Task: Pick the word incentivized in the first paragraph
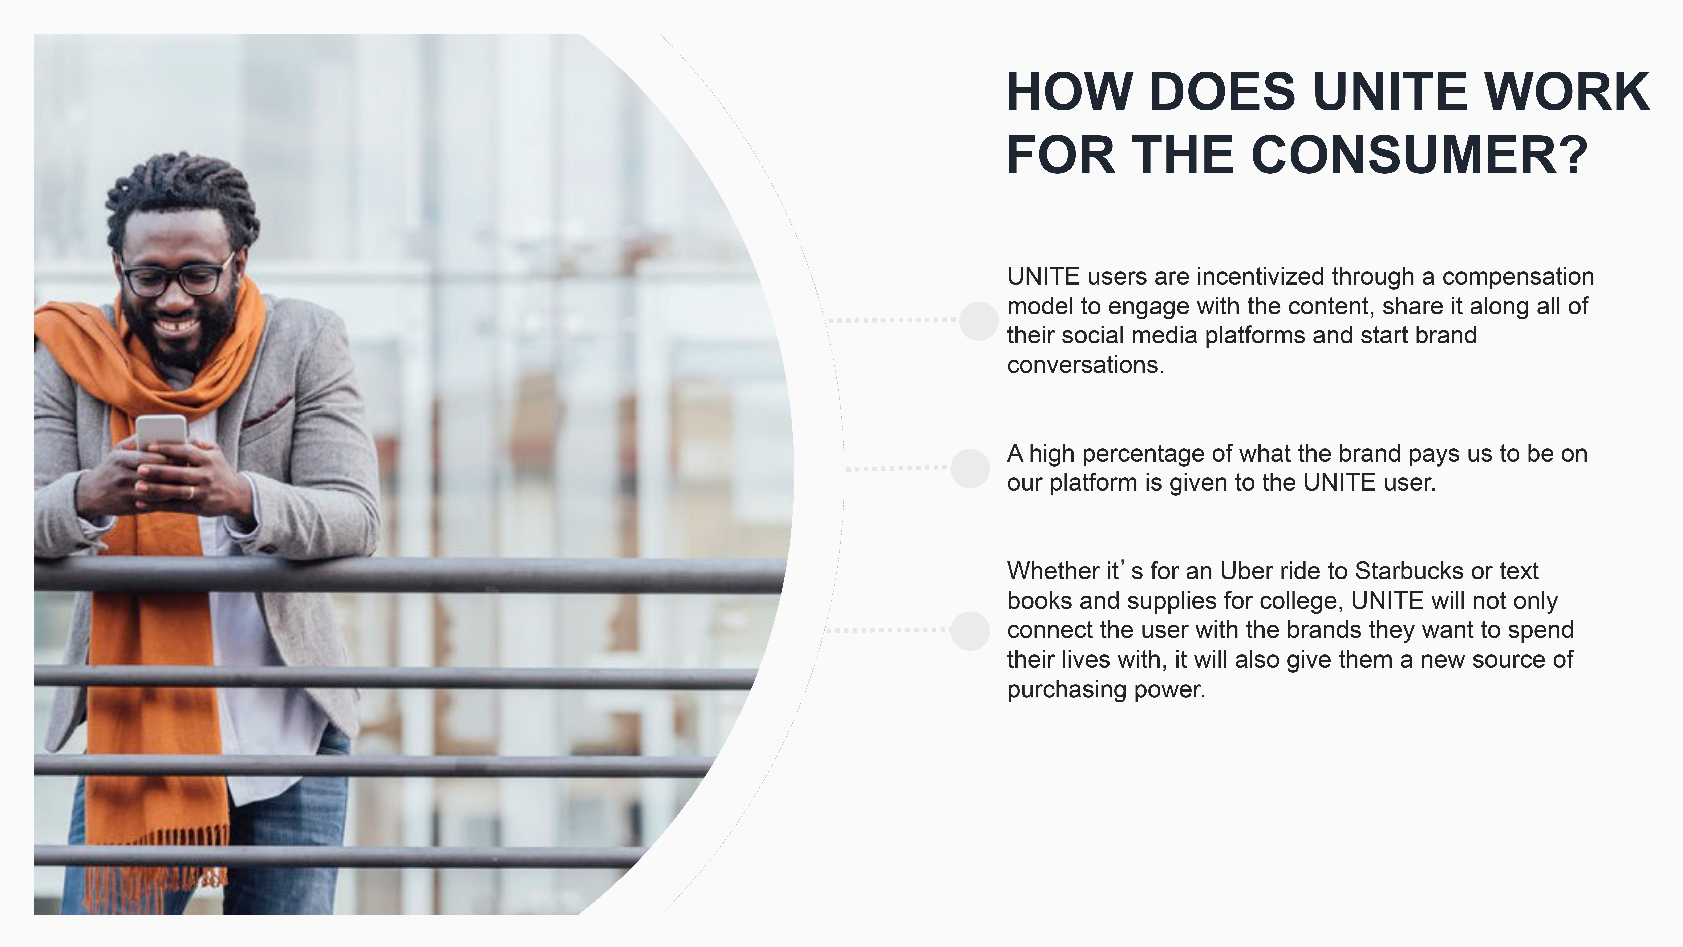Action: pos(1260,277)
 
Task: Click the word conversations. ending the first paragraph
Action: pos(1086,365)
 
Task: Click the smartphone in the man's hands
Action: pos(161,432)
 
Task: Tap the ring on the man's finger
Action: pos(191,491)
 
